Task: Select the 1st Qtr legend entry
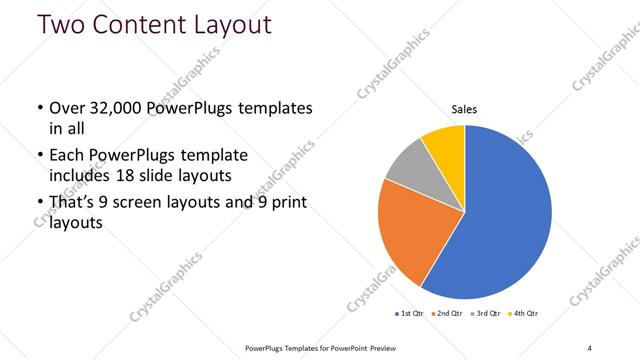point(411,314)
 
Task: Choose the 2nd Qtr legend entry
point(447,314)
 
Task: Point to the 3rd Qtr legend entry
point(486,314)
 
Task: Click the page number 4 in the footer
point(589,347)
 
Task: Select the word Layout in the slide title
point(231,25)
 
